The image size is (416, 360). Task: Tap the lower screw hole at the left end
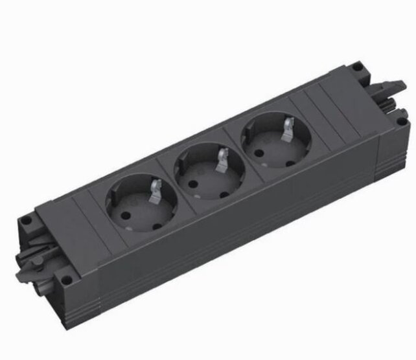pyautogui.click(x=65, y=281)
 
